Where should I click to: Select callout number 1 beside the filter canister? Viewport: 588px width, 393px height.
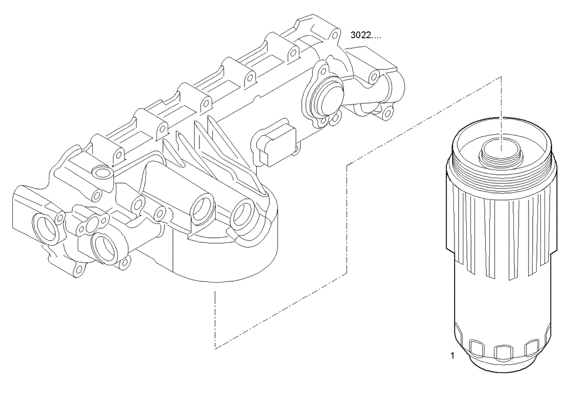click(x=452, y=355)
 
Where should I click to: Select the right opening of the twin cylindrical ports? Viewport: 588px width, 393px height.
click(x=243, y=215)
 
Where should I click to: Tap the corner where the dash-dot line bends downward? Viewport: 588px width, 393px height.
click(x=349, y=164)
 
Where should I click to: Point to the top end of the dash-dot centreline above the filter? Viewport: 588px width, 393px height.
click(x=500, y=76)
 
